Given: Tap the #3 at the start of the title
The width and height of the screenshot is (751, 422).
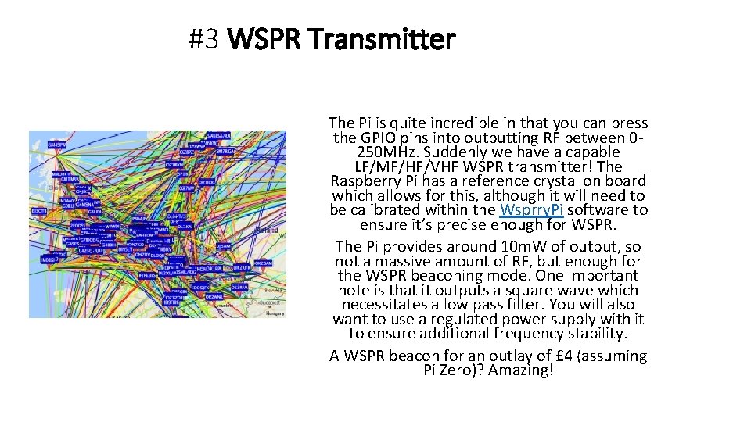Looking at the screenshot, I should [206, 38].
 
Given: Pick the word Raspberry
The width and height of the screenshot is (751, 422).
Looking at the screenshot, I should [369, 181].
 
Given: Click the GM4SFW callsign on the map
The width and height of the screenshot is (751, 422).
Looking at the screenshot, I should [57, 145].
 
